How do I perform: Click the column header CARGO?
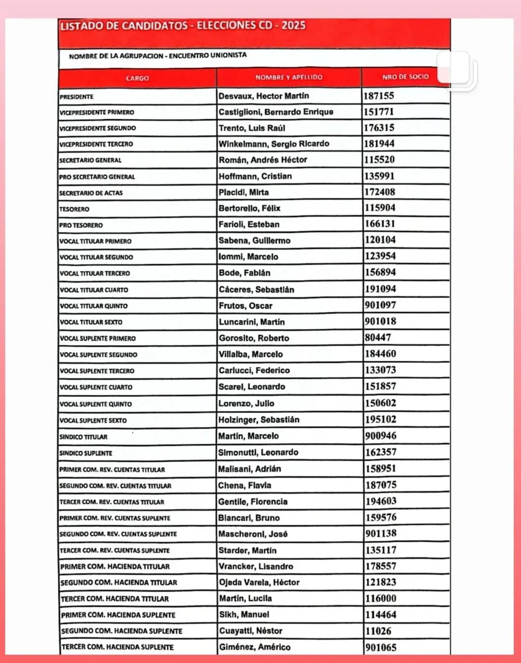click(x=137, y=78)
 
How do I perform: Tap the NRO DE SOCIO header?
click(x=405, y=77)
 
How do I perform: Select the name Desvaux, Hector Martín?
click(x=263, y=96)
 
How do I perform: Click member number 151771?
click(x=379, y=112)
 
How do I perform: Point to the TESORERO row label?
click(x=74, y=209)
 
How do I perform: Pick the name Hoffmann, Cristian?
click(x=255, y=176)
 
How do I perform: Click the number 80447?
click(x=378, y=338)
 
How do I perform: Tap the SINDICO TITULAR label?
click(x=83, y=437)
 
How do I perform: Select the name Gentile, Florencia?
click(x=253, y=502)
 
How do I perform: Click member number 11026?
click(x=378, y=631)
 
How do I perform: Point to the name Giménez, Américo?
click(x=255, y=647)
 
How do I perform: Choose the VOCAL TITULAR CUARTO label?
click(x=94, y=290)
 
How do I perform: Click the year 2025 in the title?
click(x=293, y=25)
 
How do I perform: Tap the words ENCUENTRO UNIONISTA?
click(x=207, y=56)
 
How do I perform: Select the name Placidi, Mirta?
click(x=244, y=192)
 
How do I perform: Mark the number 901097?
click(x=380, y=305)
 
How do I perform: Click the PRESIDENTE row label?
click(x=77, y=97)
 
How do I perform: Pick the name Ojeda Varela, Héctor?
click(x=259, y=582)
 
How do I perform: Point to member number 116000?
click(x=381, y=599)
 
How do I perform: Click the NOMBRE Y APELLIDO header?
click(x=289, y=77)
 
